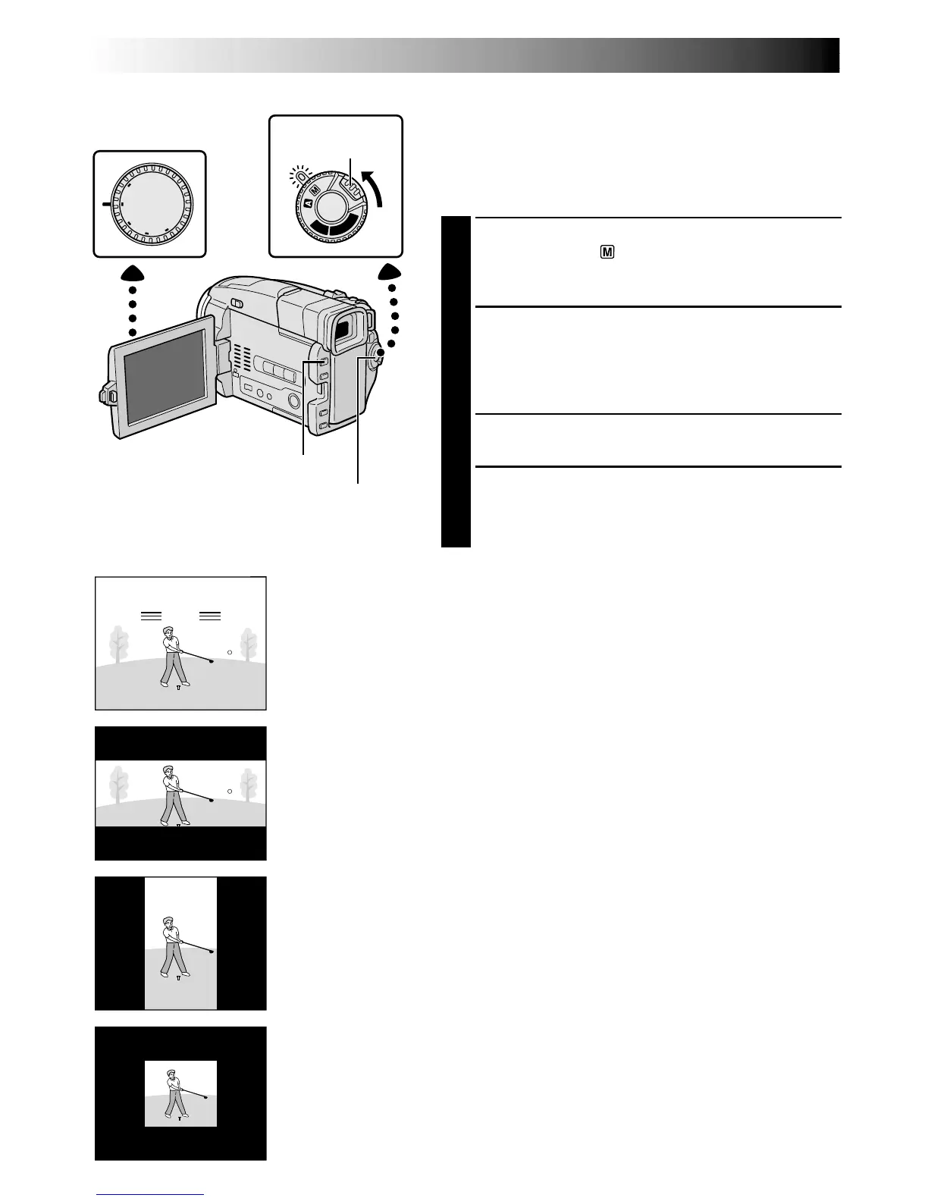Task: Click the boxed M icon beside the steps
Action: (x=607, y=252)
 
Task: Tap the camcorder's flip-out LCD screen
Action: (x=165, y=375)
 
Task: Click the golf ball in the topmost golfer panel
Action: (x=229, y=652)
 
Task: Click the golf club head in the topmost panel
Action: (x=212, y=661)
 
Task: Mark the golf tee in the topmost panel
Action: (x=178, y=688)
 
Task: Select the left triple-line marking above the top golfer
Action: (x=152, y=616)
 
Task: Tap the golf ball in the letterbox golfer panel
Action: (x=229, y=792)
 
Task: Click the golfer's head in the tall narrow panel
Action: (x=168, y=923)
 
